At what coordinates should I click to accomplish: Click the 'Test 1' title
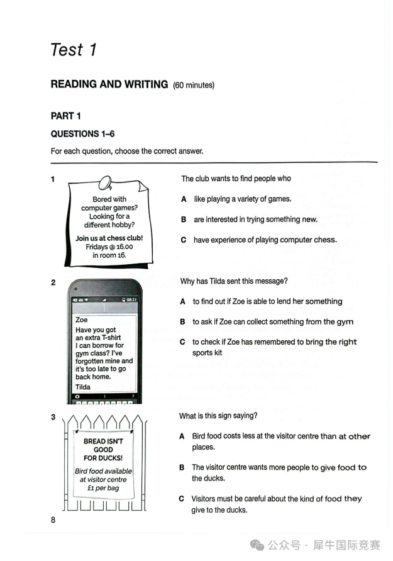[x=74, y=50]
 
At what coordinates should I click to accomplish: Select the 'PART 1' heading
[x=65, y=116]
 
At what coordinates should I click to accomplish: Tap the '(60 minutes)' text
[x=194, y=85]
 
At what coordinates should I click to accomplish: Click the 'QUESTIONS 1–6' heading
[x=82, y=134]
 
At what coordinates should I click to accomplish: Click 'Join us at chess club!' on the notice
[x=109, y=238]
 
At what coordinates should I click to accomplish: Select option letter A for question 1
[x=184, y=199]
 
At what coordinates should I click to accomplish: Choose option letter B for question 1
[x=184, y=219]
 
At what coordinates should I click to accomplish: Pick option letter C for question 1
[x=184, y=240]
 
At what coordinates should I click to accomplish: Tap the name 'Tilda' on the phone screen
[x=83, y=387]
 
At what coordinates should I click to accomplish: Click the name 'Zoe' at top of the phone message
[x=81, y=319]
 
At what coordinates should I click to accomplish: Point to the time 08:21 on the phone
[x=131, y=300]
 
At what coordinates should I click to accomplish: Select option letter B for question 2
[x=182, y=322]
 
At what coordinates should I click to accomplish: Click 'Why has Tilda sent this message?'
[x=234, y=281]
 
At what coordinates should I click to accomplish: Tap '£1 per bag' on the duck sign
[x=103, y=488]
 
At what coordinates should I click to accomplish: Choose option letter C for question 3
[x=181, y=499]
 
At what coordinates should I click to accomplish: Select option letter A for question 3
[x=182, y=436]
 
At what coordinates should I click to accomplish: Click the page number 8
[x=53, y=520]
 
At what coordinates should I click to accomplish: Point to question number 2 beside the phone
[x=53, y=282]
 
